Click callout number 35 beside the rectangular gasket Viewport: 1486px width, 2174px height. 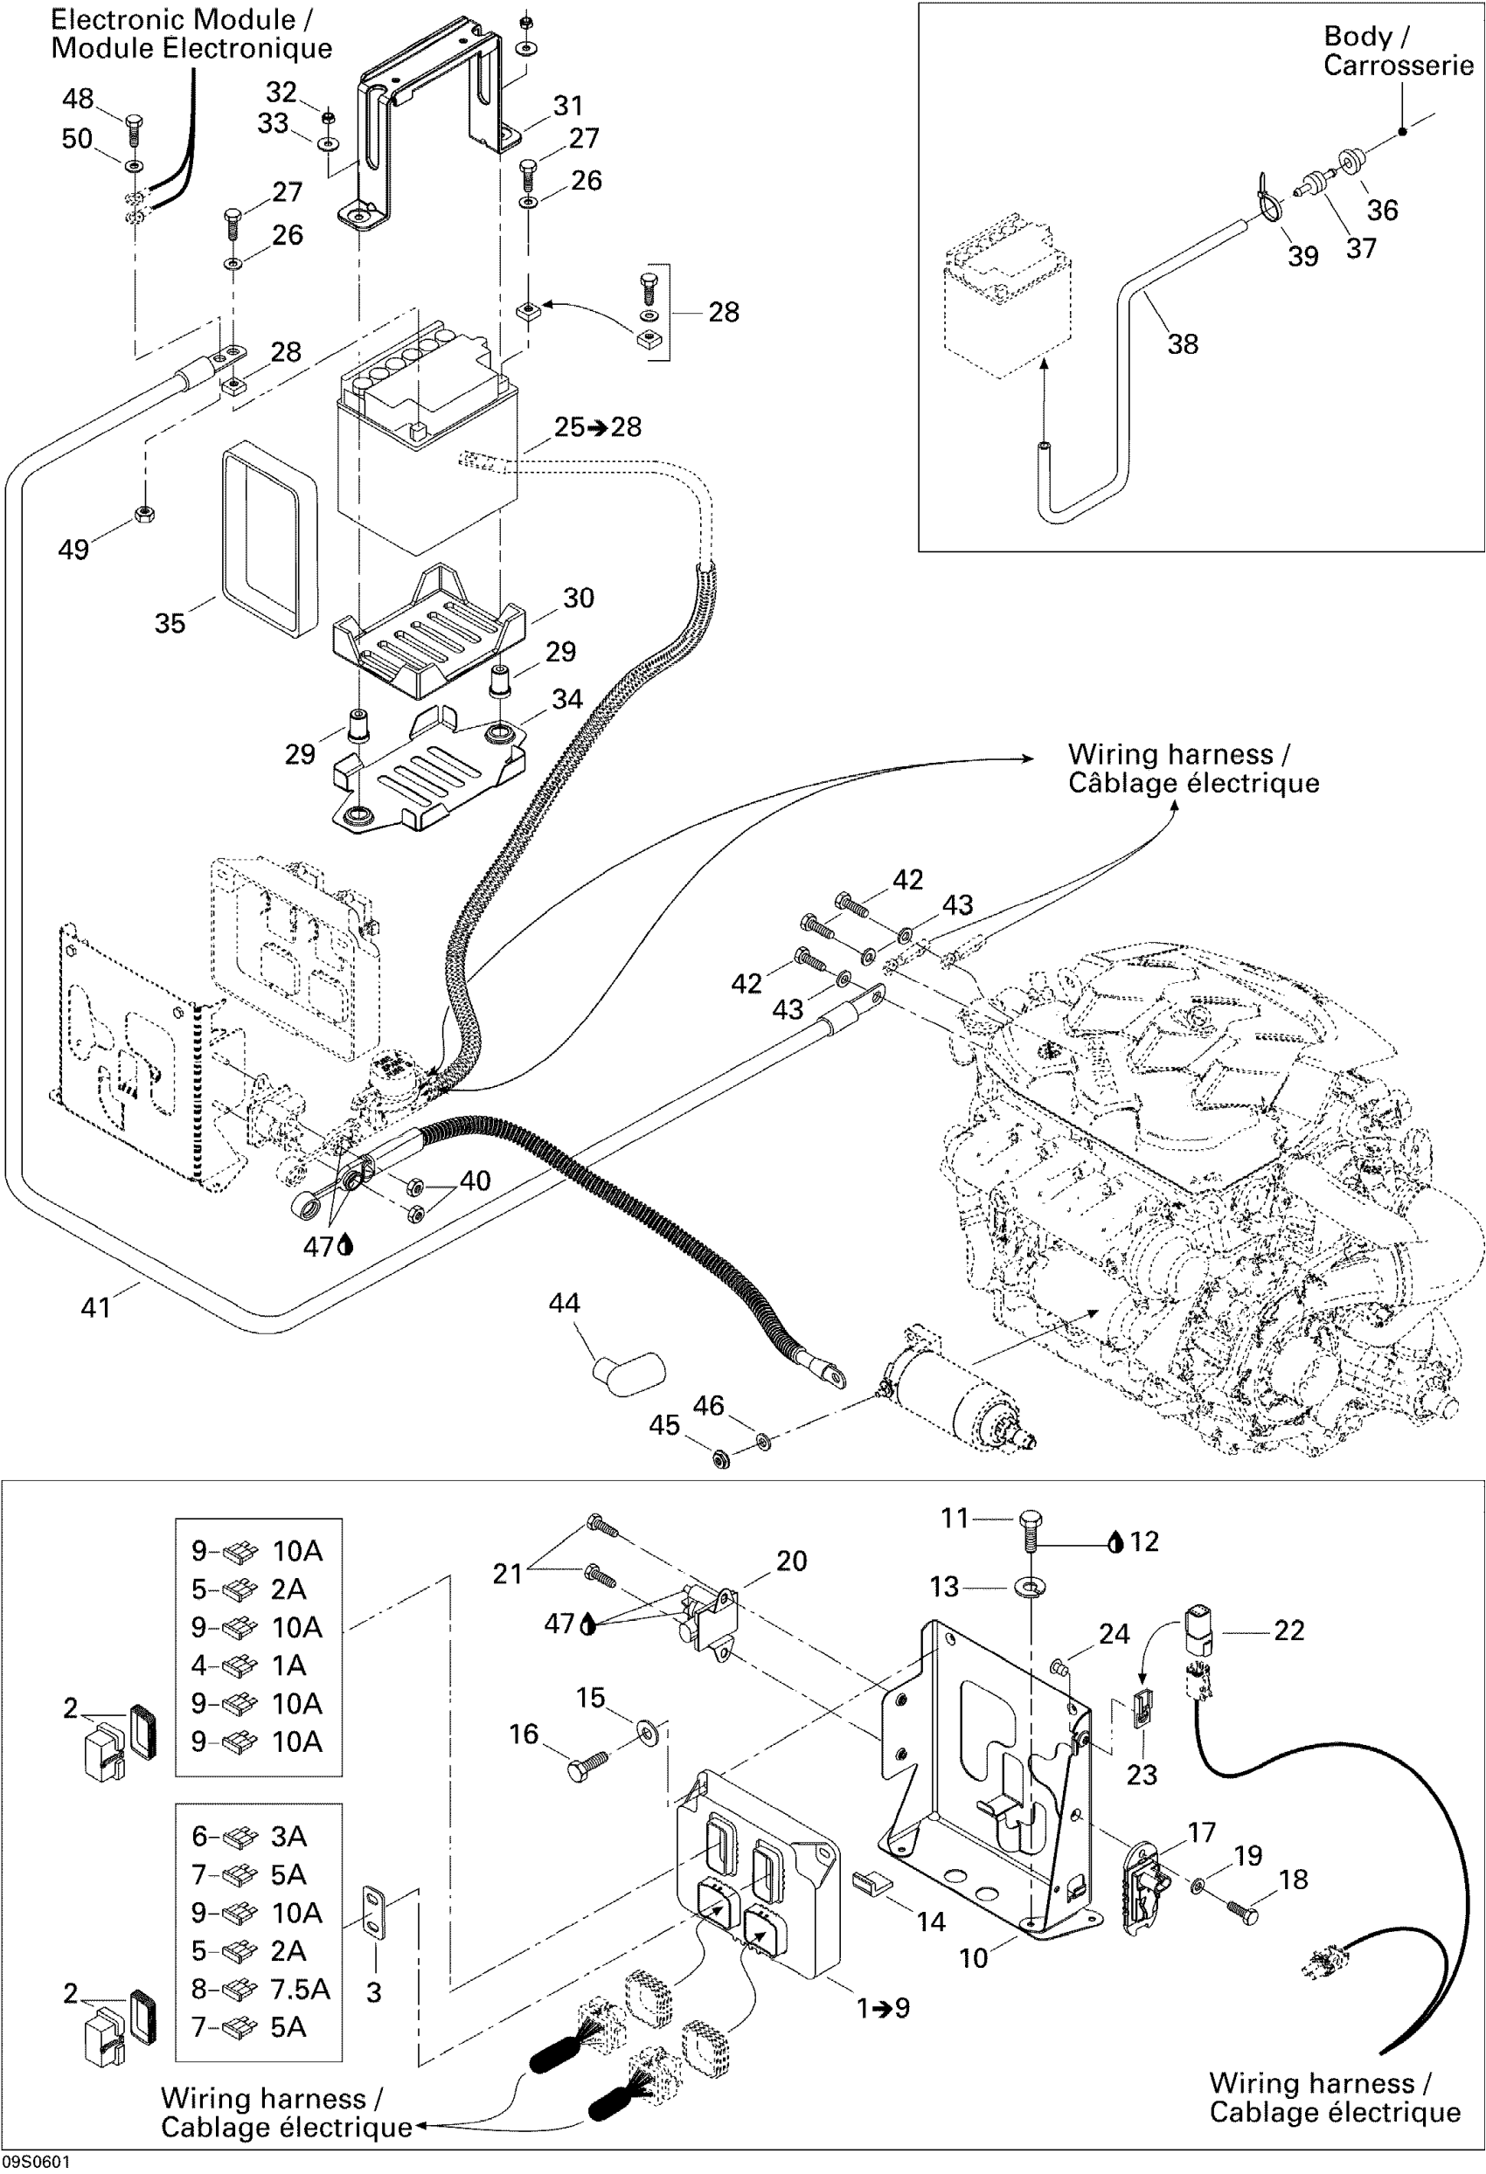(170, 623)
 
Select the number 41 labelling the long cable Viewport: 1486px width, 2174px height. (96, 1307)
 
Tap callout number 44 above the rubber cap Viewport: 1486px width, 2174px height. (565, 1303)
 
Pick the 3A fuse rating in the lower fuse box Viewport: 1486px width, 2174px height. (289, 1837)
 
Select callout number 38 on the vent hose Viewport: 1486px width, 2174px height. (1183, 344)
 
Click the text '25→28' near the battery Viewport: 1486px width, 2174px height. (598, 426)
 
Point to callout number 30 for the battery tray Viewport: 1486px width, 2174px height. (579, 598)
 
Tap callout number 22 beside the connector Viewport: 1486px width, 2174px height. (1288, 1630)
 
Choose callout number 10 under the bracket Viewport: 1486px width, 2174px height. (973, 1958)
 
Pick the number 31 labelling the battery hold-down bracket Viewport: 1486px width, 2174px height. (568, 106)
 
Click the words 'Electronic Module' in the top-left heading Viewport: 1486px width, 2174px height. (173, 18)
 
